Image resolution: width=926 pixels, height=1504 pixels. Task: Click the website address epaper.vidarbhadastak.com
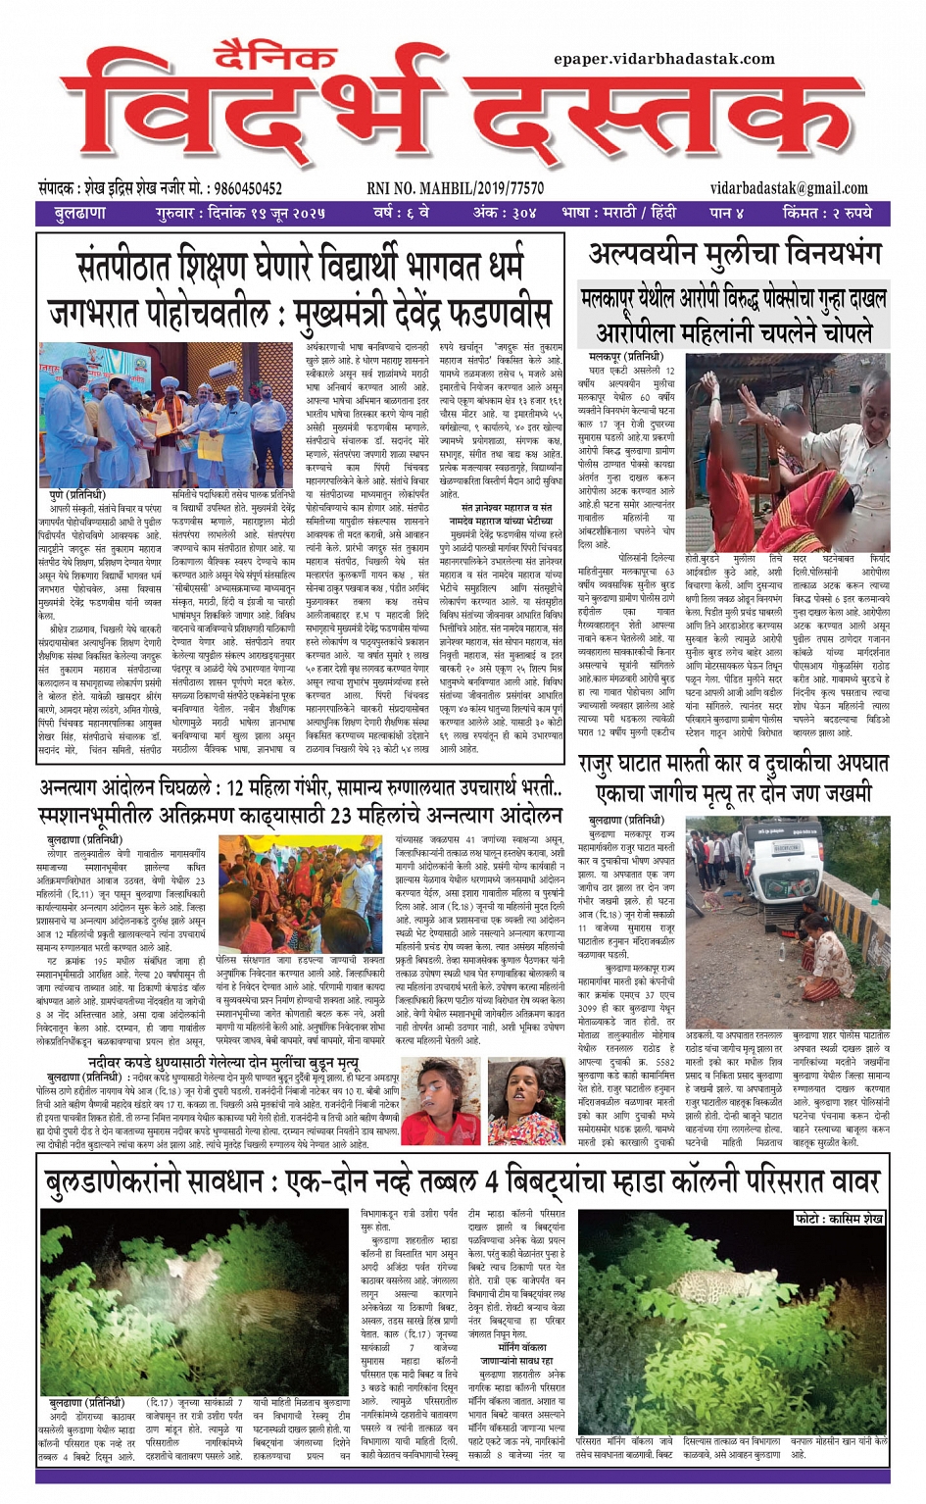pos(663,59)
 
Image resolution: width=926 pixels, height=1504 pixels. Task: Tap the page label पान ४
pos(726,213)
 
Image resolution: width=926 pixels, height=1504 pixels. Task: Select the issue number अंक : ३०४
pos(504,213)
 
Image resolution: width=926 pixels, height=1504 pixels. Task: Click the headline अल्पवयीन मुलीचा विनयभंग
pos(735,255)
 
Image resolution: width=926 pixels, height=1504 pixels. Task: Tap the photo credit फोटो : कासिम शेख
pos(839,1218)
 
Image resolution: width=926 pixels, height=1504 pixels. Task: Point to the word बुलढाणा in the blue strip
pos(81,213)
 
